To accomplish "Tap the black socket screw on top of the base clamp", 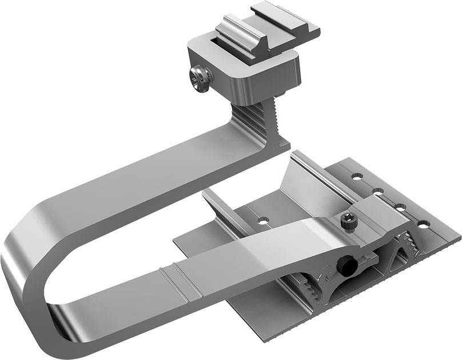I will (x=347, y=220).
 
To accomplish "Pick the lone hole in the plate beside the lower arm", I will (x=262, y=220).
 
